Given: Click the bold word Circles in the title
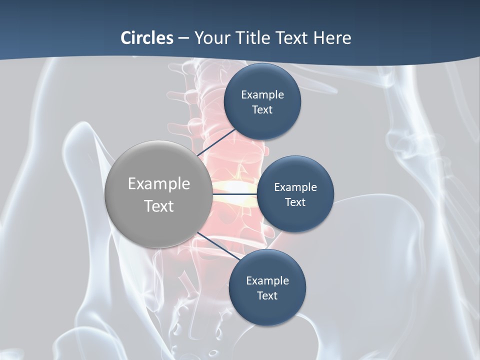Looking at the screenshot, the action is coord(147,38).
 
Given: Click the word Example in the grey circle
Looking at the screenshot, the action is coord(159,184).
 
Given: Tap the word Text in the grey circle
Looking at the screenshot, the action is coord(159,206).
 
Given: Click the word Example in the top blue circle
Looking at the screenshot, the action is coord(262,95).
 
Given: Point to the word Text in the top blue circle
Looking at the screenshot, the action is coord(262,110).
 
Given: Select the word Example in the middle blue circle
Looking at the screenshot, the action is coord(295,187).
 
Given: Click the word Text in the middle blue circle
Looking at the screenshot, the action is coord(295,202).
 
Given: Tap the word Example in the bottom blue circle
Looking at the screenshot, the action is coord(267,281).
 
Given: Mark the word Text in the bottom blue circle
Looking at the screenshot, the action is coord(267,296).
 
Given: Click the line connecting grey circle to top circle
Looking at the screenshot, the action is coord(215,142).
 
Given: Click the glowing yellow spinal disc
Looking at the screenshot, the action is coord(235,187).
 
